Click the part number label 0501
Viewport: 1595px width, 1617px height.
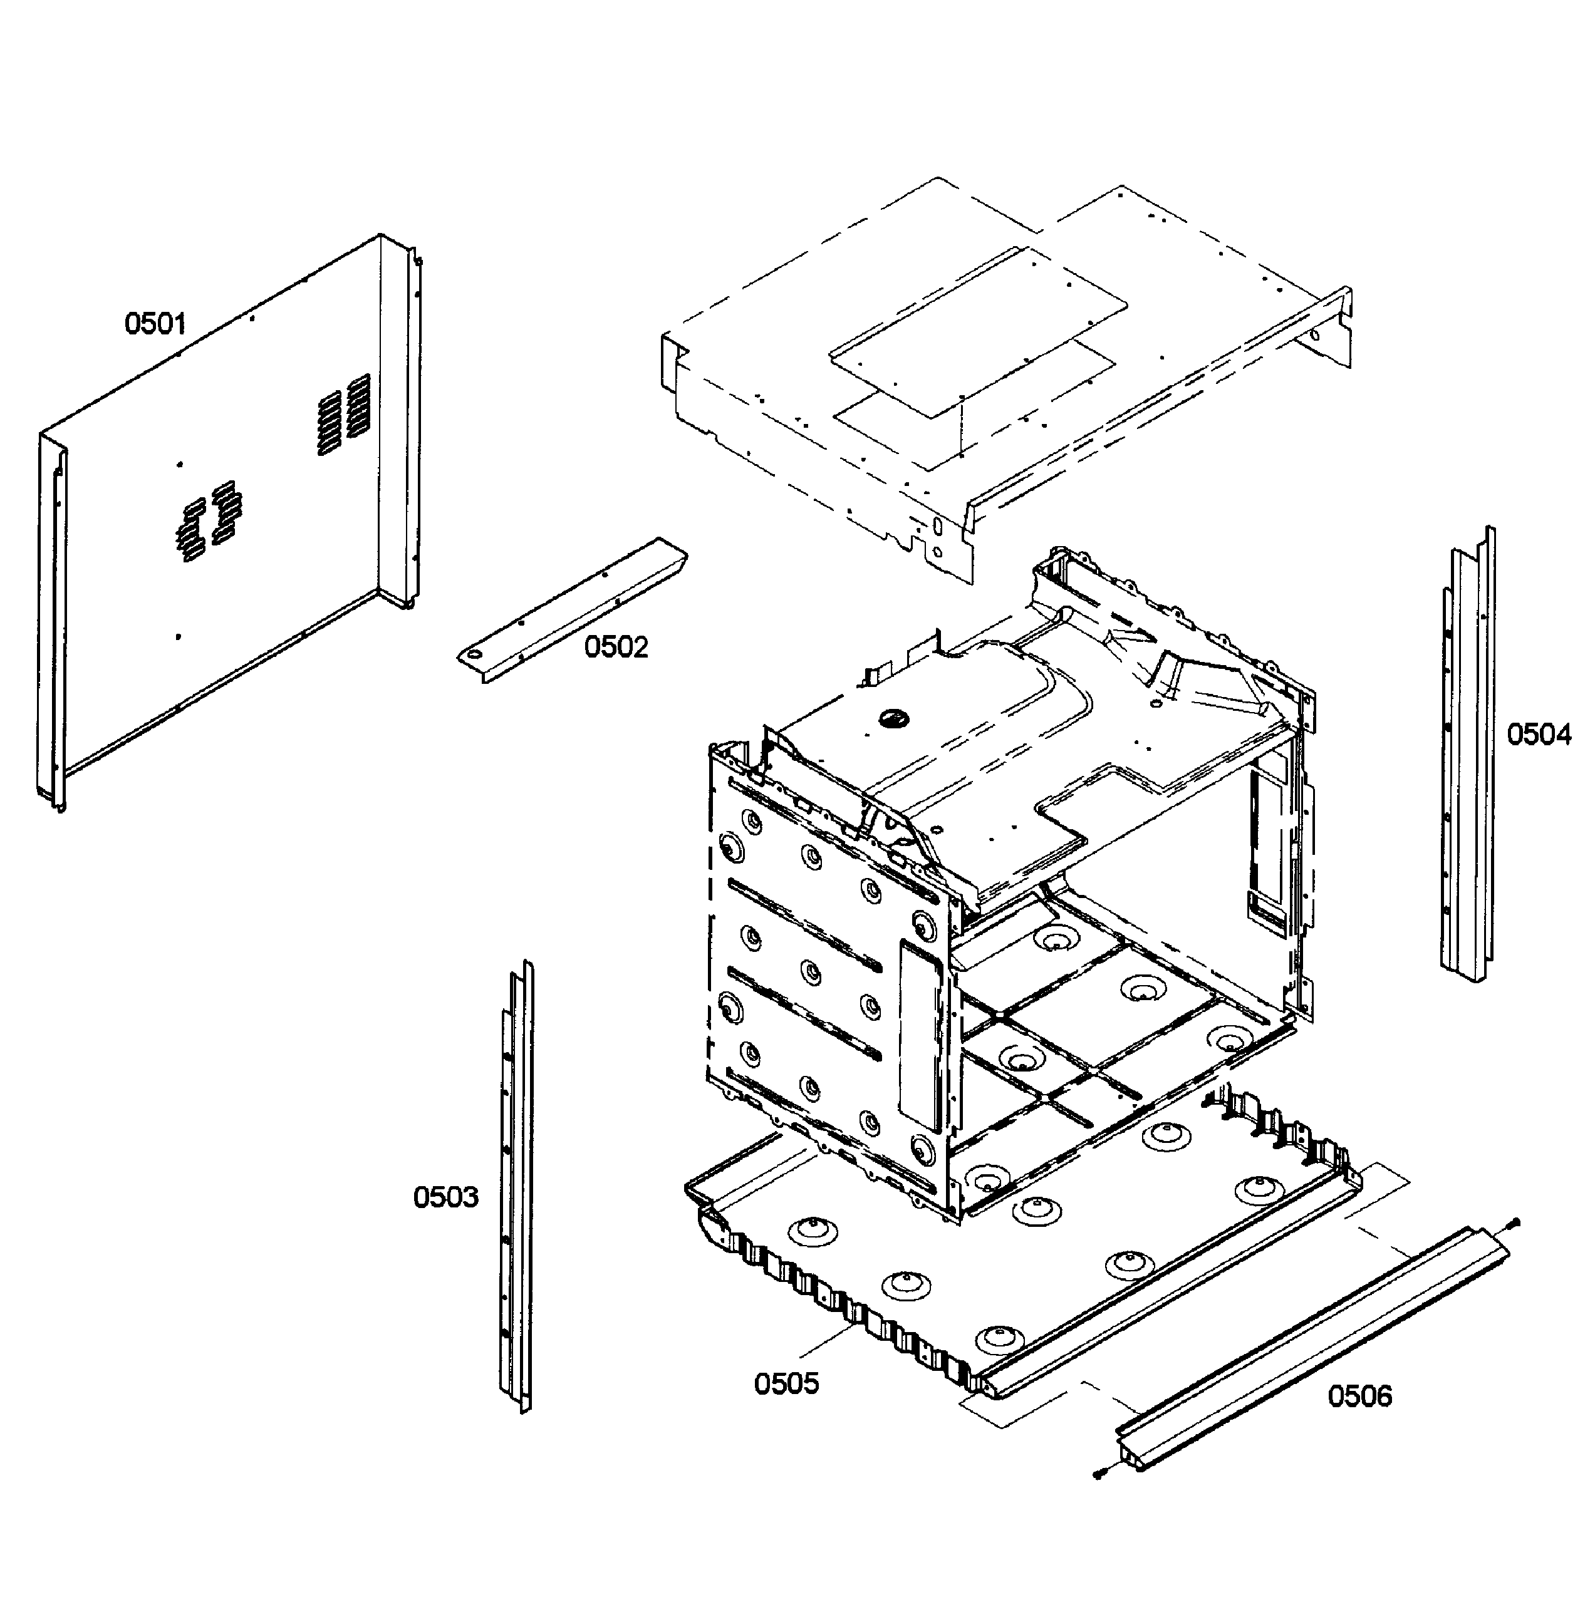click(155, 323)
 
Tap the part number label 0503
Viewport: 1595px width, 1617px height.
click(445, 1197)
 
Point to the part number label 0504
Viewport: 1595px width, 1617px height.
click(1539, 734)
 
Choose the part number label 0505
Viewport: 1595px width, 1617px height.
click(786, 1383)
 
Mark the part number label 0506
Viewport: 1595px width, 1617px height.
click(1359, 1396)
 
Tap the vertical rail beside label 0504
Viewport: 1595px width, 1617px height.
click(1467, 753)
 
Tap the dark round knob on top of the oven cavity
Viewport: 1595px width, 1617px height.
click(891, 716)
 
